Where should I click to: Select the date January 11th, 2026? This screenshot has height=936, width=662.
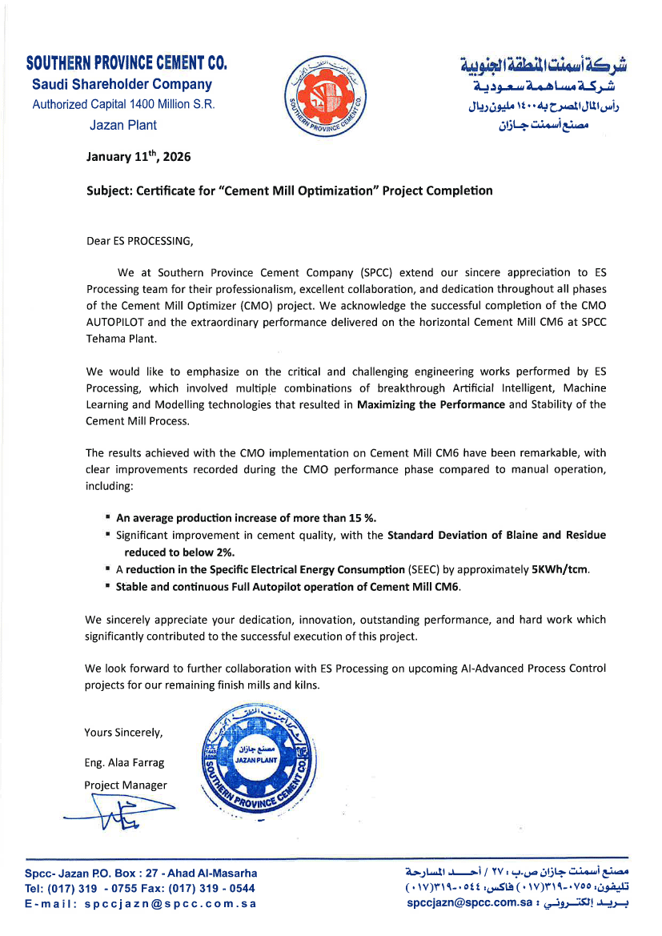(x=138, y=157)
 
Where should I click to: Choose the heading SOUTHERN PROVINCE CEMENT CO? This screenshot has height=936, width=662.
(x=126, y=63)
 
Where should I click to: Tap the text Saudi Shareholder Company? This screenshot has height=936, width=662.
(x=122, y=84)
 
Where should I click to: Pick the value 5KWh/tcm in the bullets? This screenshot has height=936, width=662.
(x=561, y=568)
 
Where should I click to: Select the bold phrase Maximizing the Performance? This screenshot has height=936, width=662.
(x=431, y=404)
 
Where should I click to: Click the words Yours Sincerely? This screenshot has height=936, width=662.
(x=123, y=732)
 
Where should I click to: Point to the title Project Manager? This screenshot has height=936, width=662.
(x=126, y=785)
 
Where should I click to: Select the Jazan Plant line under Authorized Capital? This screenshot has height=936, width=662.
(x=123, y=125)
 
